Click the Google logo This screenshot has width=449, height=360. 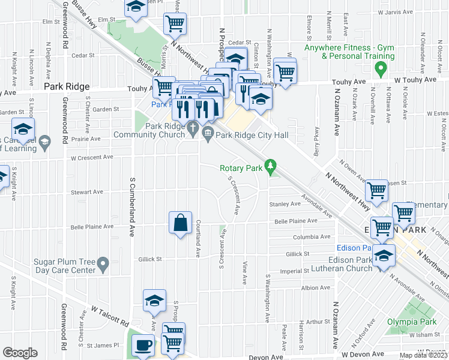tap(20, 352)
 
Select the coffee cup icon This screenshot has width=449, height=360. tap(143, 346)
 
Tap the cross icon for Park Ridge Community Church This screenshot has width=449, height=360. tap(193, 128)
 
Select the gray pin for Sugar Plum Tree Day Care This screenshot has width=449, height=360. tap(103, 263)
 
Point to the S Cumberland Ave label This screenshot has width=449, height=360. tap(131, 206)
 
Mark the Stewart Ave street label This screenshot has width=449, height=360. tap(87, 192)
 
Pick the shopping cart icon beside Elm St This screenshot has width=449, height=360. tap(175, 23)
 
